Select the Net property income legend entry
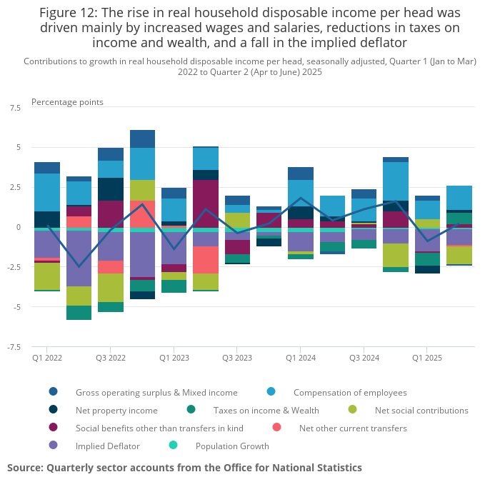click(x=116, y=411)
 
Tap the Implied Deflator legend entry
click(x=108, y=446)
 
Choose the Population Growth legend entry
click(x=232, y=446)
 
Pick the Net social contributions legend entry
click(x=421, y=411)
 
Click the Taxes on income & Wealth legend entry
click(x=266, y=411)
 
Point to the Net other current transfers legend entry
click(x=353, y=428)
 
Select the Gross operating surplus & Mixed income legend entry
click(x=156, y=392)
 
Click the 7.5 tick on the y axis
click(x=15, y=108)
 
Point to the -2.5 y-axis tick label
click(x=14, y=267)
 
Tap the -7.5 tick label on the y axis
click(x=14, y=347)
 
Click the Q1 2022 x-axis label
click(x=47, y=357)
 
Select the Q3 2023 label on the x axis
click(x=237, y=357)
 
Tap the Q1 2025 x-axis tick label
click(x=426, y=357)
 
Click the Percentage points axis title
click(x=67, y=102)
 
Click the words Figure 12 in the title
click(x=73, y=13)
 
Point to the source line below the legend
click(x=184, y=468)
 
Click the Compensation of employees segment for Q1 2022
click(x=47, y=192)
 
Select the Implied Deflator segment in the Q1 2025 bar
click(x=428, y=240)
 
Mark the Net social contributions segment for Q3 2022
click(x=111, y=288)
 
